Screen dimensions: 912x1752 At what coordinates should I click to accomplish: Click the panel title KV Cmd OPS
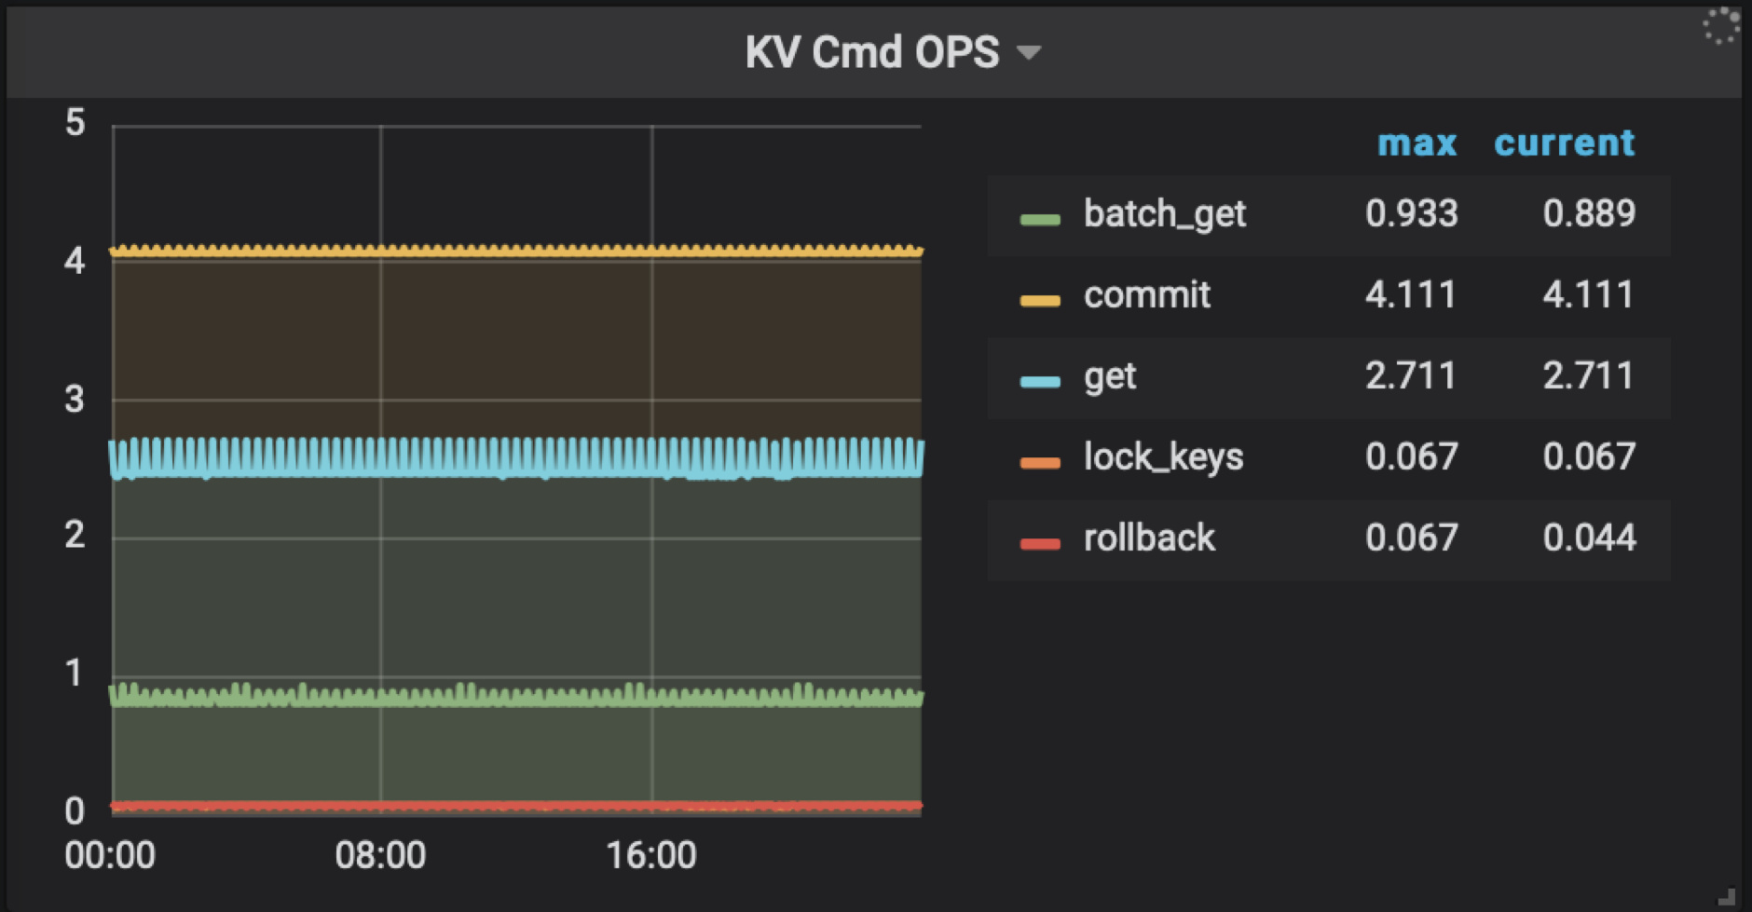[871, 52]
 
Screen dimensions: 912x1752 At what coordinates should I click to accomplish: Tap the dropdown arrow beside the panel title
[1029, 52]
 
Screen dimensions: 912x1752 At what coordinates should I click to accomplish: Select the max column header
[1417, 143]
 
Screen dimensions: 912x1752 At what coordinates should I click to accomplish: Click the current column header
[1564, 143]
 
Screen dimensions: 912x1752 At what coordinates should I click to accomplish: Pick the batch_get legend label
[1164, 214]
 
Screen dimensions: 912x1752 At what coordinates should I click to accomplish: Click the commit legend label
[1146, 295]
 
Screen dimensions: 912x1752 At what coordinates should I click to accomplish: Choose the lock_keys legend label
[1163, 457]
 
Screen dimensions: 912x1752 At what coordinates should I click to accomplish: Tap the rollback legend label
[1149, 538]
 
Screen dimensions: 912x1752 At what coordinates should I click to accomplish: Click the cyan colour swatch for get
[1040, 381]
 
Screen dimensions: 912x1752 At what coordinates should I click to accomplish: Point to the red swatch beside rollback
[1040, 544]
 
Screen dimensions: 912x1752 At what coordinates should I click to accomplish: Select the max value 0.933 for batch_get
[1411, 214]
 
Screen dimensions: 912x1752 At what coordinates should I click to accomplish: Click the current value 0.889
[1589, 214]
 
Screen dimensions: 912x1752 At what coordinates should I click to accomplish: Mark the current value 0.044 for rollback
[1589, 538]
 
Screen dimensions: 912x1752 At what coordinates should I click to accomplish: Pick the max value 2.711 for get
[1411, 376]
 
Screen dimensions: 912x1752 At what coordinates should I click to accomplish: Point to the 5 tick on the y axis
[75, 123]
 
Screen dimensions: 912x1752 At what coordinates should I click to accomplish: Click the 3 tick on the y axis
[75, 400]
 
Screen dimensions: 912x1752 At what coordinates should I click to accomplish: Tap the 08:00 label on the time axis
[380, 855]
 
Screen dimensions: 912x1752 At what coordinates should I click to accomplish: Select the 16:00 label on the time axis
[651, 855]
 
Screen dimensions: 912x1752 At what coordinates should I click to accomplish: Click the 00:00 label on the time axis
[110, 855]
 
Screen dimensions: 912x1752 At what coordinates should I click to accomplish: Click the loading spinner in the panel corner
[1720, 26]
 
